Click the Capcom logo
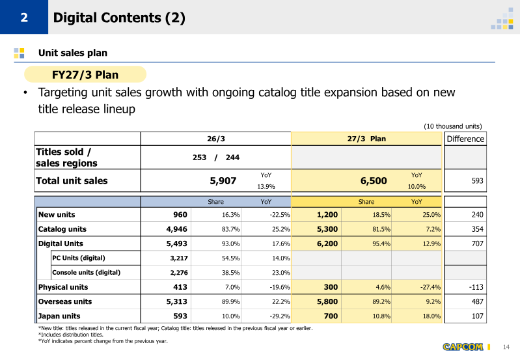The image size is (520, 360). pos(463,347)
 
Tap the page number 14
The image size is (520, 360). pos(506,347)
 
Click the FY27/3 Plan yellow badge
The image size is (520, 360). pos(85,74)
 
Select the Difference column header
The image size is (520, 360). pos(465,139)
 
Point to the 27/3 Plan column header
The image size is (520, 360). pos(366,139)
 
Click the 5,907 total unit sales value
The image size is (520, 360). pos(223,181)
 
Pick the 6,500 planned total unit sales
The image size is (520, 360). pos(374,181)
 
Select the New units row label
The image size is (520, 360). pos(57,215)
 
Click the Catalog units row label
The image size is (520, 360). pos(62,229)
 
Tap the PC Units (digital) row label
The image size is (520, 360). pos(79,258)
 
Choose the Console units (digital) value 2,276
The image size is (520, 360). pos(179,273)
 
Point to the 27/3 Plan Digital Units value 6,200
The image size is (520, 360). pos(327,243)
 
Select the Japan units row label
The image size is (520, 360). pos(59,316)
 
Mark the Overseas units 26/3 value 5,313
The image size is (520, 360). pos(176,301)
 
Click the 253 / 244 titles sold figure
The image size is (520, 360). pos(216,158)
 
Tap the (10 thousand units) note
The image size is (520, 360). pos(453,126)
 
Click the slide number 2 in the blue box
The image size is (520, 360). pos(24,18)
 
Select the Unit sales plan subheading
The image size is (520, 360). pos(73,53)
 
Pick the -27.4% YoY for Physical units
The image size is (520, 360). pos(430,287)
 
